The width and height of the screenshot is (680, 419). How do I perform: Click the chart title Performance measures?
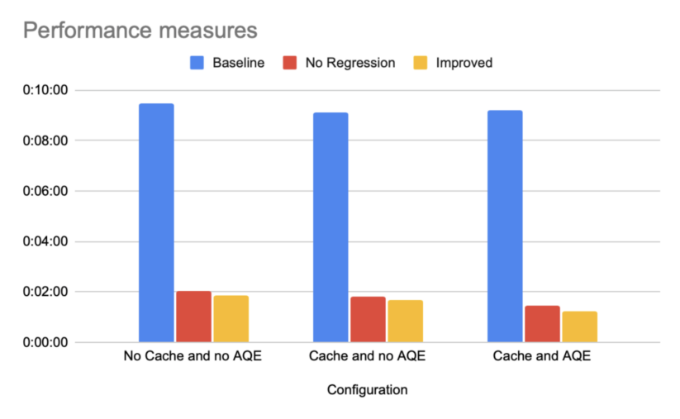pyautogui.click(x=140, y=31)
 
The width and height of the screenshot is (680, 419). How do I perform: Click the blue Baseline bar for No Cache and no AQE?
pyautogui.click(x=156, y=222)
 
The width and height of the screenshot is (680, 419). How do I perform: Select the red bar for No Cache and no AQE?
pyautogui.click(x=193, y=317)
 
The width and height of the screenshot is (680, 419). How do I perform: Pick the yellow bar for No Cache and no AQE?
pyautogui.click(x=231, y=319)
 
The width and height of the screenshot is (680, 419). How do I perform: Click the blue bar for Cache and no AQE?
pyautogui.click(x=330, y=227)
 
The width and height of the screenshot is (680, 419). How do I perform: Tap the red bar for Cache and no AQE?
pyautogui.click(x=368, y=319)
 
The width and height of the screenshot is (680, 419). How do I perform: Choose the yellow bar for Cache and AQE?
pyautogui.click(x=579, y=326)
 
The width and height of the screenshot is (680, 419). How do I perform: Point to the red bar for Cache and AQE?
pyautogui.click(x=542, y=324)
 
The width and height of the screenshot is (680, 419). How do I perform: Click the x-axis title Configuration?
pyautogui.click(x=367, y=389)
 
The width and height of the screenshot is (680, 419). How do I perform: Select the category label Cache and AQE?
pyautogui.click(x=542, y=358)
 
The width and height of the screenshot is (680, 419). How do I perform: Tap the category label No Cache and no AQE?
pyautogui.click(x=193, y=358)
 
